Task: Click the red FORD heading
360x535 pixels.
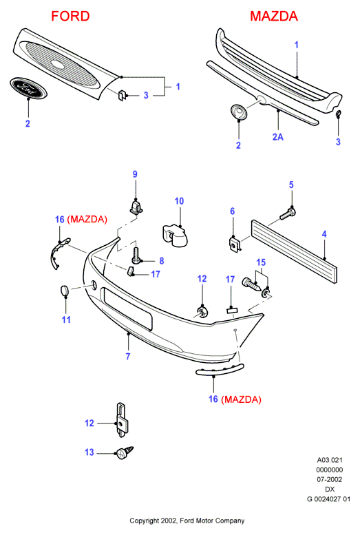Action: (x=70, y=16)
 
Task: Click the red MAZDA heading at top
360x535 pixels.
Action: (x=274, y=16)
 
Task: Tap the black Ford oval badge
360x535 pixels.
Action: (x=28, y=88)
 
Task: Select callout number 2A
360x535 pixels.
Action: (x=278, y=137)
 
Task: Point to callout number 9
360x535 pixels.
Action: (x=135, y=174)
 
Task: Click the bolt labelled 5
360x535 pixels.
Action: (x=288, y=213)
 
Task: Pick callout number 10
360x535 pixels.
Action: (x=179, y=201)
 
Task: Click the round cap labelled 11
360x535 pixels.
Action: (x=65, y=291)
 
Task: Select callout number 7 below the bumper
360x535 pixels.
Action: (x=128, y=356)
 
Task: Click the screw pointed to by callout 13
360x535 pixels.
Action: (x=125, y=452)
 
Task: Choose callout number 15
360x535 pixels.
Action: (x=261, y=262)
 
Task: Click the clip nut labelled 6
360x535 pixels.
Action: (x=235, y=244)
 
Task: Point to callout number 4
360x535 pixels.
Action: (x=324, y=233)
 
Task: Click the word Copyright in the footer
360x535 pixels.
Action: (x=145, y=521)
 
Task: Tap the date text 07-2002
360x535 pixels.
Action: (x=329, y=479)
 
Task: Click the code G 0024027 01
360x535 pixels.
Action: (x=328, y=499)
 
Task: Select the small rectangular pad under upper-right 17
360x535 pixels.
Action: (x=232, y=310)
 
